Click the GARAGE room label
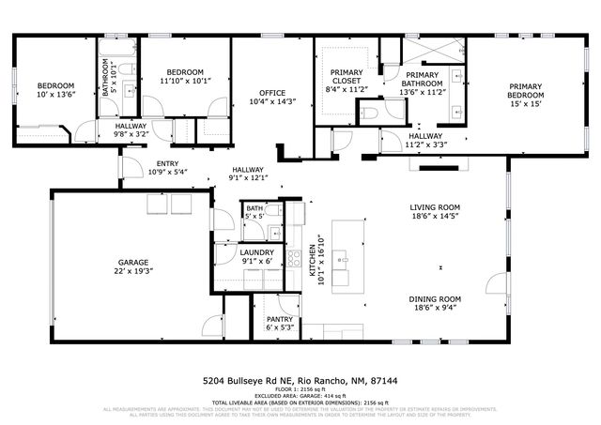[130, 262]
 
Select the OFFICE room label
[272, 92]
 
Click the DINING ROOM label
[435, 299]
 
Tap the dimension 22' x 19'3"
[130, 271]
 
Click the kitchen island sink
[345, 256]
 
